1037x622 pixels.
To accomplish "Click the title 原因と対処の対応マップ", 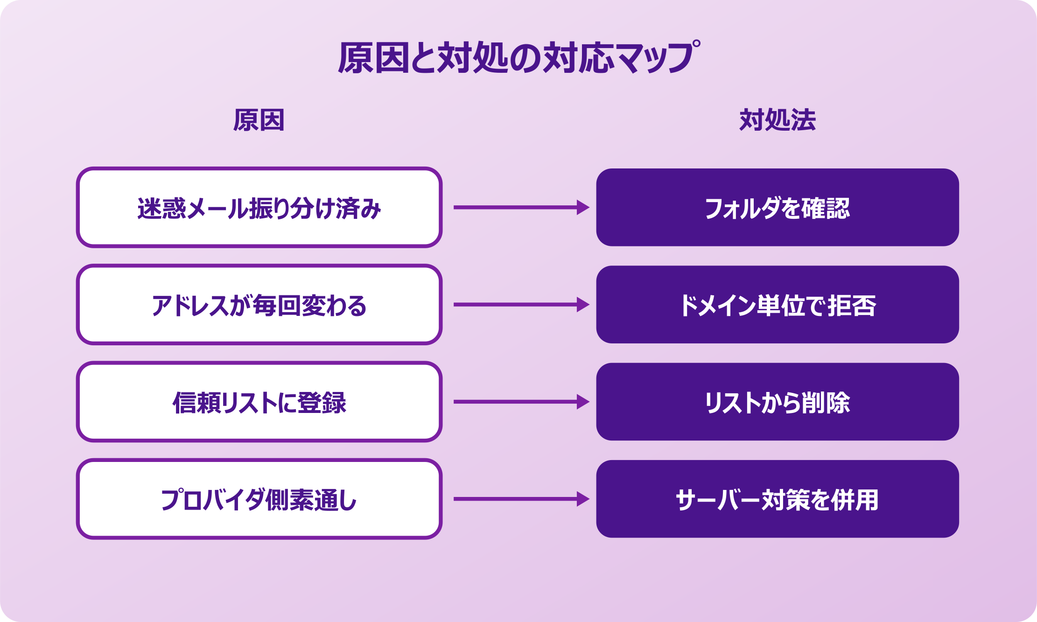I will click(x=518, y=58).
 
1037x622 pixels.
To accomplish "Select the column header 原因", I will click(x=259, y=120).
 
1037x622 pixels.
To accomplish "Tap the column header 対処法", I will click(x=778, y=120).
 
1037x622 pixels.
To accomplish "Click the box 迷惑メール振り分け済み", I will click(x=259, y=208).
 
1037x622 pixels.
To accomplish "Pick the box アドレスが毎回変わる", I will click(x=259, y=305).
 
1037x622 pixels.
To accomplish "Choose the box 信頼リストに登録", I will click(x=259, y=402).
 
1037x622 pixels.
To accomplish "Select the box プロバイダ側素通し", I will click(x=259, y=499).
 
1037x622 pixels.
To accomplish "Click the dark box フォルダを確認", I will click(x=778, y=208).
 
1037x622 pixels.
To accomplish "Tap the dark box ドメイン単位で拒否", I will click(x=778, y=305).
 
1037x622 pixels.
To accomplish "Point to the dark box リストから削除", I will click(x=778, y=402).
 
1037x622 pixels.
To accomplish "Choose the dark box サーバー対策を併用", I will click(x=778, y=499).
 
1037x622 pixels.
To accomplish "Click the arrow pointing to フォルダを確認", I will click(x=521, y=208).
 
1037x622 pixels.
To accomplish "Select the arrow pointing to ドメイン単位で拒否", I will click(x=521, y=305).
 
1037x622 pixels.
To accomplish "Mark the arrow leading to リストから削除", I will click(x=521, y=402).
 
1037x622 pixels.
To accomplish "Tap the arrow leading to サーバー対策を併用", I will click(x=521, y=499).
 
